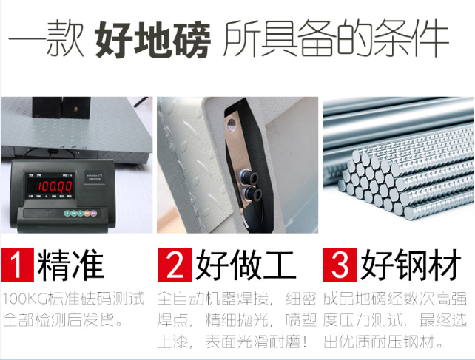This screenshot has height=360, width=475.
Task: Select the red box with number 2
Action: click(175, 265)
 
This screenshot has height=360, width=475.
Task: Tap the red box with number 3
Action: click(338, 265)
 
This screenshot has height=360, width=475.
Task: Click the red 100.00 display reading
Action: click(55, 186)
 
